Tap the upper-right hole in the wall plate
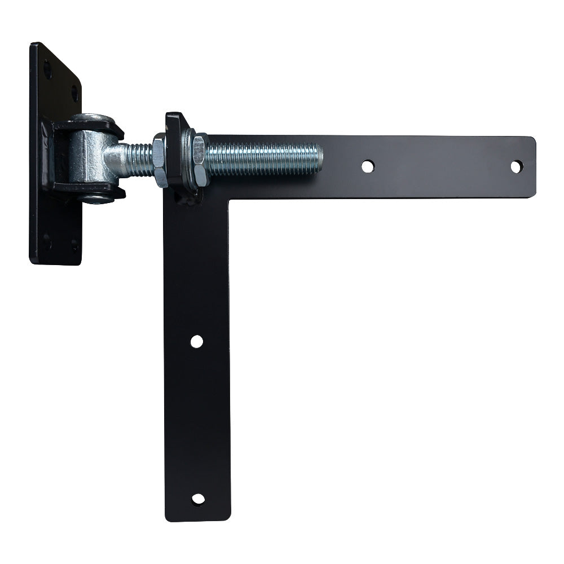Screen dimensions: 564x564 pyautogui.click(x=74, y=94)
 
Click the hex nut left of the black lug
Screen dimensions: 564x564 pyautogui.click(x=160, y=160)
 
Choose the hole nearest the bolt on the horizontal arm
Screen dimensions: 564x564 pyautogui.click(x=367, y=166)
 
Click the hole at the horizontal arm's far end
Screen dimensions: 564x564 pyautogui.click(x=516, y=166)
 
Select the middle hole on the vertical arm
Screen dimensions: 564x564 pyautogui.click(x=196, y=341)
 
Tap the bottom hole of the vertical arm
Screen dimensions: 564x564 pyautogui.click(x=198, y=499)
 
